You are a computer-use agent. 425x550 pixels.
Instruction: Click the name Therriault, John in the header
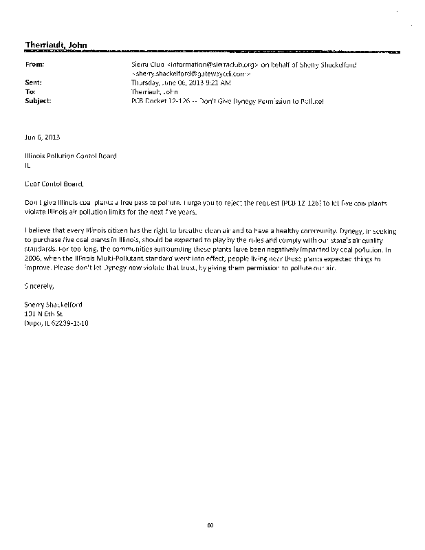pyautogui.click(x=56, y=45)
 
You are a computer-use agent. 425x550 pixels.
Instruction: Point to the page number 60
pyautogui.click(x=211, y=527)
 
